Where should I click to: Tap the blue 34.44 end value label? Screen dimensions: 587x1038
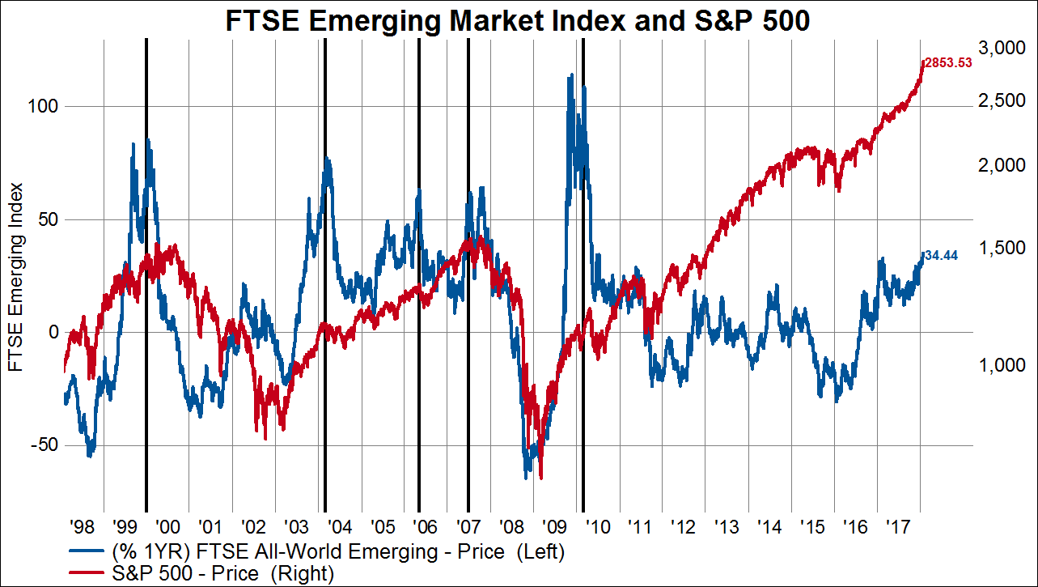pos(941,255)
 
